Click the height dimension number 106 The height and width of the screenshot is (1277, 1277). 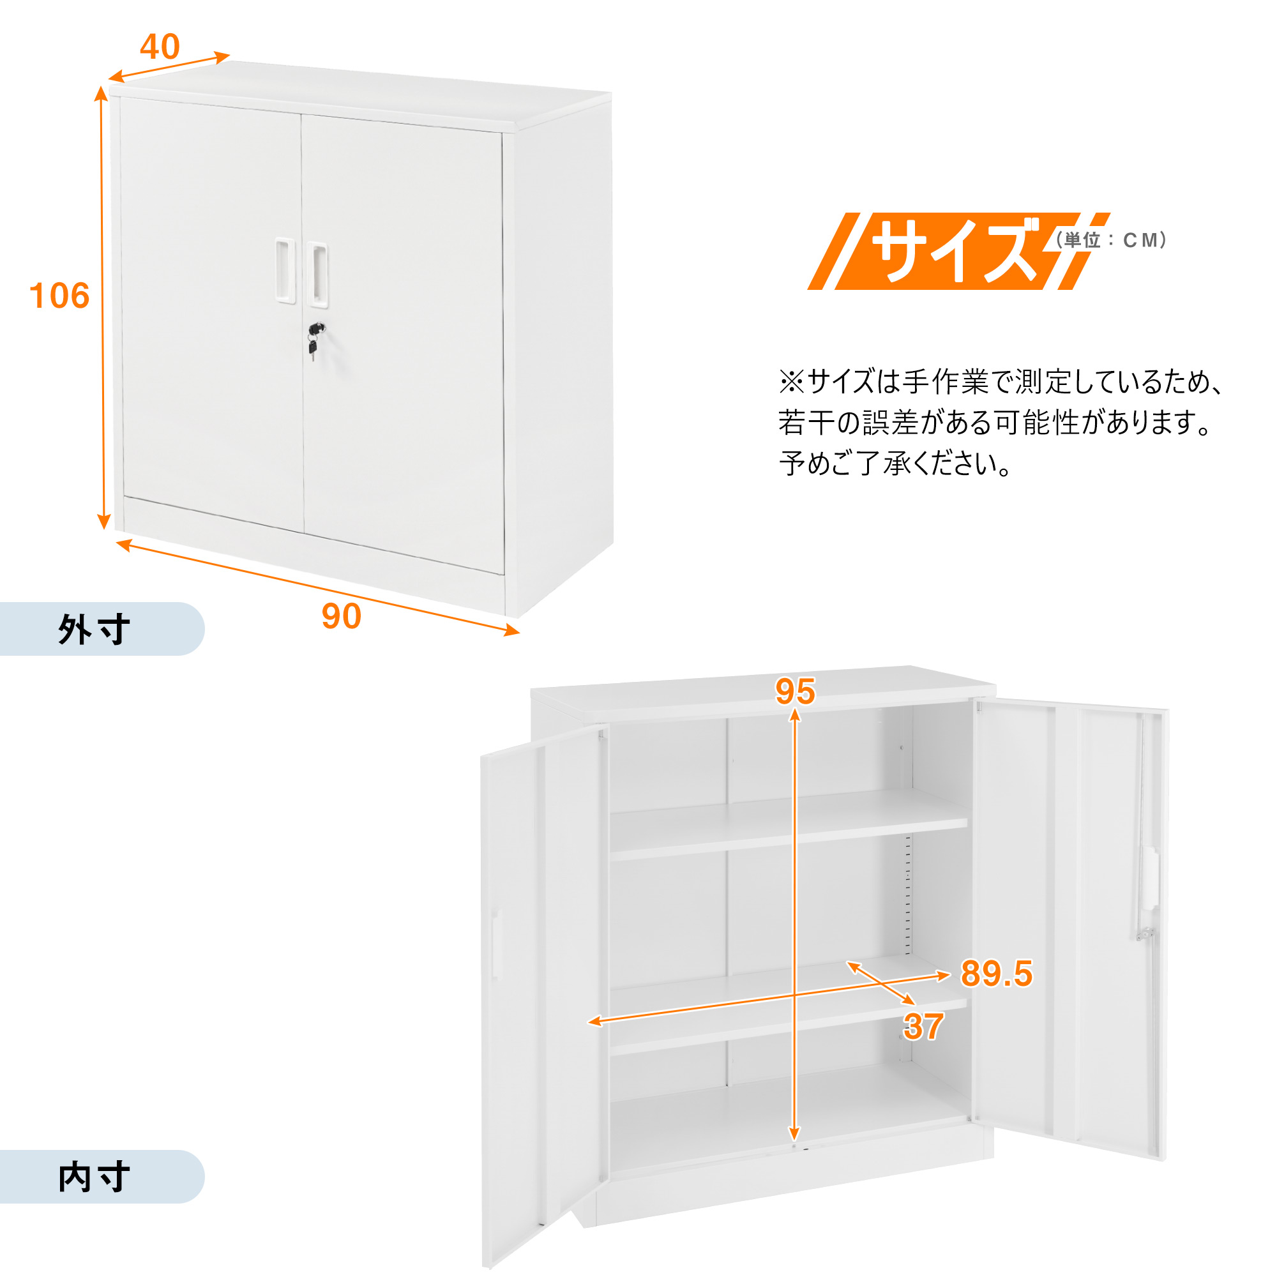pyautogui.click(x=59, y=296)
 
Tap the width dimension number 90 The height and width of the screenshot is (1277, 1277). pyautogui.click(x=341, y=616)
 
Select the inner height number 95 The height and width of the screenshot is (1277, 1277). pyautogui.click(x=795, y=691)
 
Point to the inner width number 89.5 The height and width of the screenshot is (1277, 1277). pyautogui.click(x=996, y=973)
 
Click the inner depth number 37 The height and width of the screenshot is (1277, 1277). pyautogui.click(x=923, y=1027)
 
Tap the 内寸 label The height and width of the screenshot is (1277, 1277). pyautogui.click(x=94, y=1177)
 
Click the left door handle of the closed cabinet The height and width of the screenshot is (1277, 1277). pyautogui.click(x=285, y=270)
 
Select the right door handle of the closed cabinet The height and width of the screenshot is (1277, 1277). pyautogui.click(x=318, y=275)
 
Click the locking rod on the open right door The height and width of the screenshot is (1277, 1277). pyautogui.click(x=1145, y=826)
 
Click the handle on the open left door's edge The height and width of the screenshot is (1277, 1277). pyautogui.click(x=496, y=944)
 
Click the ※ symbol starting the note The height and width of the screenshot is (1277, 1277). pyautogui.click(x=791, y=382)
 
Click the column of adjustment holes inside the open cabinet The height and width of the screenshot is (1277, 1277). pyautogui.click(x=907, y=896)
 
